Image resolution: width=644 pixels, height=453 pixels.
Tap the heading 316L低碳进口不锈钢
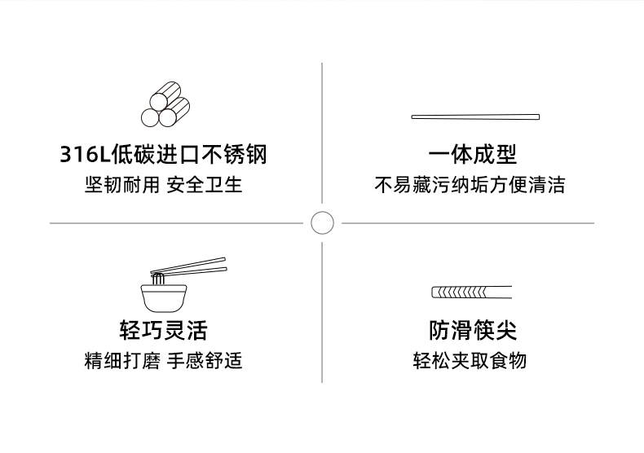pyautogui.click(x=164, y=154)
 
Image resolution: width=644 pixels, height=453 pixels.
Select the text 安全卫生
pyautogui.click(x=205, y=184)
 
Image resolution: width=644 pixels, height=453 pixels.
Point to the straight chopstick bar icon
pyautogui.click(x=475, y=117)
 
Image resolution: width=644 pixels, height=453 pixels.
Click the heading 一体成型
pyautogui.click(x=473, y=154)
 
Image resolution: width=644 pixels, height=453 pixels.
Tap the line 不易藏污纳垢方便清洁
pyautogui.click(x=470, y=184)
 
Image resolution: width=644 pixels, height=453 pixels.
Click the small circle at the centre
pyautogui.click(x=323, y=222)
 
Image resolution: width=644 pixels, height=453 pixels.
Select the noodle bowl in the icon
pyautogui.click(x=163, y=296)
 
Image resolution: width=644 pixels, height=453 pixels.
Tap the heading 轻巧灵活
pyautogui.click(x=163, y=330)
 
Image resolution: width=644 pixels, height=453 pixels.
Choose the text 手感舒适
pyautogui.click(x=205, y=360)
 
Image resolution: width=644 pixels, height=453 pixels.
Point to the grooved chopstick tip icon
pyautogui.click(x=471, y=292)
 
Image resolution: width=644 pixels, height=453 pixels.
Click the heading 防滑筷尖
pyautogui.click(x=473, y=330)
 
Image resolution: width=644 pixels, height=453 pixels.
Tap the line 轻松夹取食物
pyautogui.click(x=470, y=360)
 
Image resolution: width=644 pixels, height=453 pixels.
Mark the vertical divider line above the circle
pyautogui.click(x=322, y=130)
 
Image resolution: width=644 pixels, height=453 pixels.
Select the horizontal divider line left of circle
pyautogui.click(x=175, y=222)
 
